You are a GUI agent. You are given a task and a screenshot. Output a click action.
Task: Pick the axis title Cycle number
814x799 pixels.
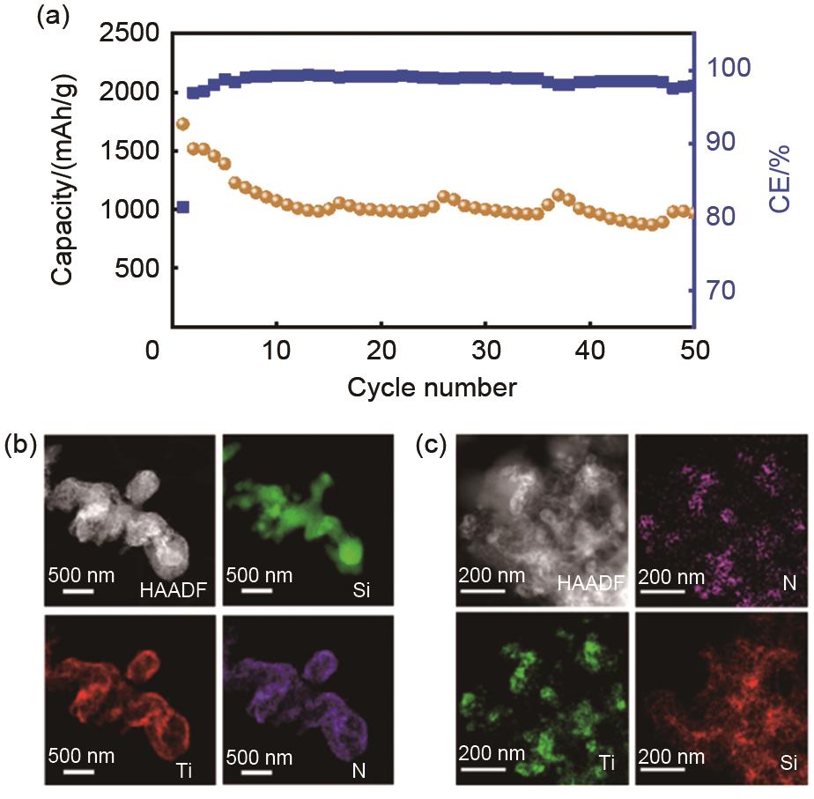(x=432, y=386)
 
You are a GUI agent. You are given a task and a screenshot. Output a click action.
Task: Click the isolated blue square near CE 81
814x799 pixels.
(x=182, y=207)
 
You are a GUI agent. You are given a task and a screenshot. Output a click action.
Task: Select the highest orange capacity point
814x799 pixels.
(x=183, y=124)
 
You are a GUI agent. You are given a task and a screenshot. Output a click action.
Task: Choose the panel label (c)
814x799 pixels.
(x=432, y=447)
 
